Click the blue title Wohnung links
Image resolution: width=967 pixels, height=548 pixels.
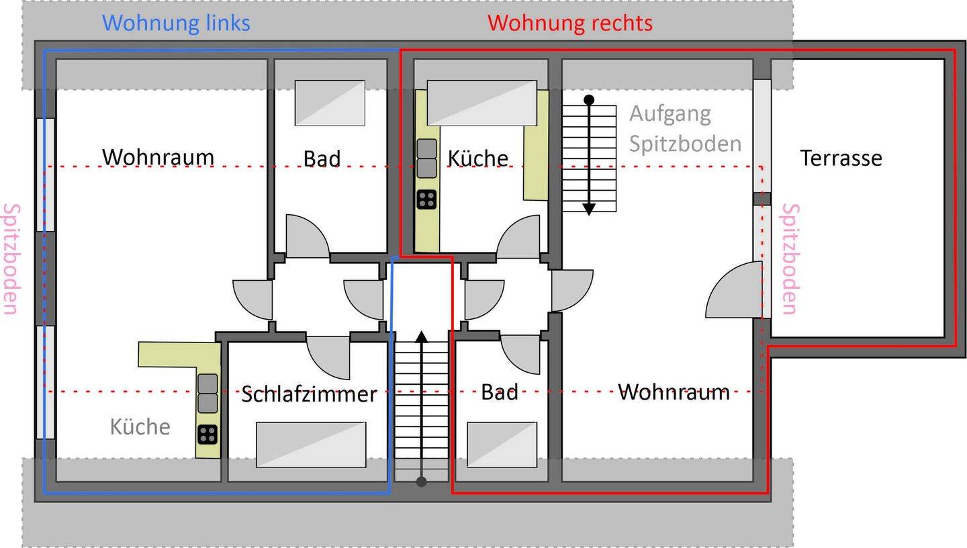pos(176,24)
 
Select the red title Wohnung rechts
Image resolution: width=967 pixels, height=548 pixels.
pos(569,24)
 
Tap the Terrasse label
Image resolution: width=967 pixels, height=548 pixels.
pos(841,158)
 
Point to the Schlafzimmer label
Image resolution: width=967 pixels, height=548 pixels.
pos(308,395)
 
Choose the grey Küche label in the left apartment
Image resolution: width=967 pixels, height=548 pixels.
pos(140,427)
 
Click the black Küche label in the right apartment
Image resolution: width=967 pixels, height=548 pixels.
pos(477,158)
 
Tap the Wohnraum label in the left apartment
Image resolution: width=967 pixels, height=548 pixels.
pos(158,157)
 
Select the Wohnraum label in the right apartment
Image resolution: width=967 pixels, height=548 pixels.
pos(674,392)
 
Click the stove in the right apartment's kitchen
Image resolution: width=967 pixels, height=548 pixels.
pos(426,199)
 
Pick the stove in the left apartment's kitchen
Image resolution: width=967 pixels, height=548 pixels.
pos(208,435)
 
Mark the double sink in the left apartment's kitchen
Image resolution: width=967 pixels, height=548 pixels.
pos(208,394)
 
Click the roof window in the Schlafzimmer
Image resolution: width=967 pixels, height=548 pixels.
pos(311,444)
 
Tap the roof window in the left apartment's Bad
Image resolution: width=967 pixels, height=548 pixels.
pos(330,103)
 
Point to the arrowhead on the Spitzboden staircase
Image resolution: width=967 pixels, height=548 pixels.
pos(589,209)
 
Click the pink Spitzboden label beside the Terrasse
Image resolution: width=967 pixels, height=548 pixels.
pos(790,259)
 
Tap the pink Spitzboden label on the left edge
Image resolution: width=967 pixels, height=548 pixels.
pos(11,259)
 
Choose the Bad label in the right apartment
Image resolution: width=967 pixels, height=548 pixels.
pos(499,392)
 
